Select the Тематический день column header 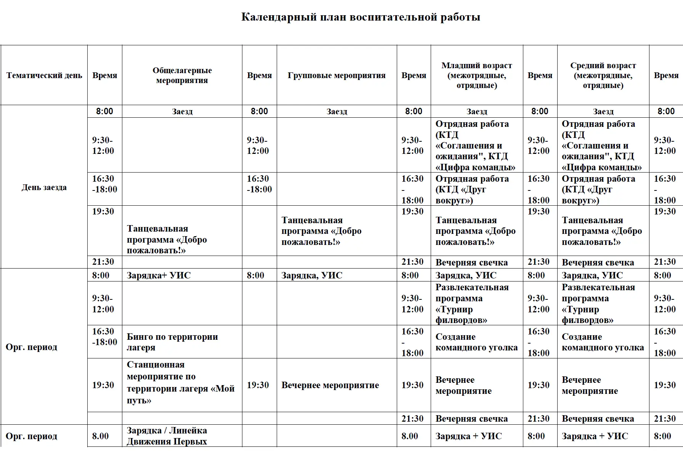(44, 75)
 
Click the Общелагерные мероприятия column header (182, 75)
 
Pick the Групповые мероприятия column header (337, 75)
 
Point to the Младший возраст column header (476, 75)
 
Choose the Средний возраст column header (603, 75)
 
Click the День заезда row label (44, 187)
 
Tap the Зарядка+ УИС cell (159, 275)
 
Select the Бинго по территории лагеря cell (172, 342)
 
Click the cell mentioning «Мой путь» (180, 382)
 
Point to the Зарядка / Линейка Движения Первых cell (167, 436)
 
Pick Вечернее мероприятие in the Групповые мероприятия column (330, 385)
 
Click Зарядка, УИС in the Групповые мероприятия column (312, 275)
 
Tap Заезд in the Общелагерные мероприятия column (182, 112)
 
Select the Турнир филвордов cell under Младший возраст (472, 304)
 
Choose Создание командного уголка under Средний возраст (603, 342)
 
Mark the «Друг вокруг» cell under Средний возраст (598, 190)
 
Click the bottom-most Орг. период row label (32, 436)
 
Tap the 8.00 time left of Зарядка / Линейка (100, 436)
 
